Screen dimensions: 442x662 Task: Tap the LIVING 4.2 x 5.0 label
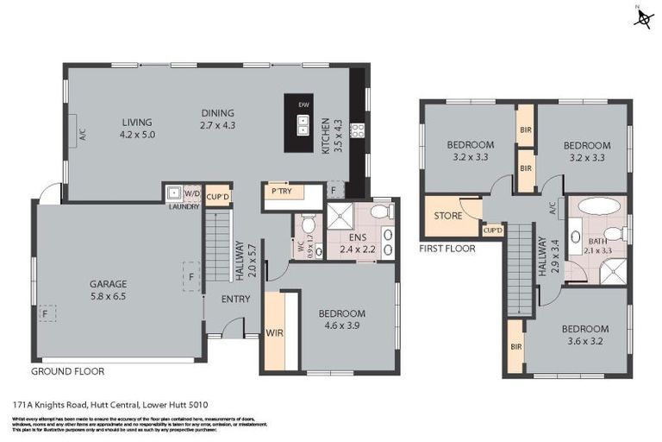(137, 129)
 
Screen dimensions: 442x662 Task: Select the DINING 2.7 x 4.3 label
(218, 119)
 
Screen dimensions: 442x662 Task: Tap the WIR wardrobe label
(275, 332)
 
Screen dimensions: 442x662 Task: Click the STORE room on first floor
(448, 216)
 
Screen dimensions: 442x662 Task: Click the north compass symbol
(642, 17)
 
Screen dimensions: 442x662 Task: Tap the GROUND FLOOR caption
(67, 371)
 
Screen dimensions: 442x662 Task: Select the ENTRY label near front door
(235, 300)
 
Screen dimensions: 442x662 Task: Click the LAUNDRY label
(184, 207)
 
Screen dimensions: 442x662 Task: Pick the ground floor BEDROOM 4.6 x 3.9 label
(341, 319)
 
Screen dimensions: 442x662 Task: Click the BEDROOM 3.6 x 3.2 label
(585, 334)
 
